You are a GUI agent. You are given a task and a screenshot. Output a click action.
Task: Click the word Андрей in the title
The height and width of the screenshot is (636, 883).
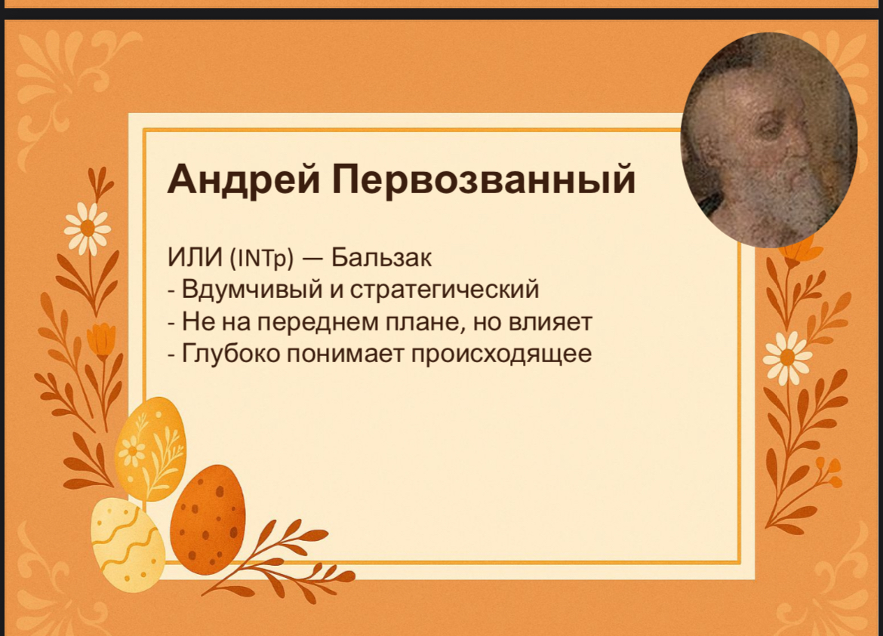point(244,180)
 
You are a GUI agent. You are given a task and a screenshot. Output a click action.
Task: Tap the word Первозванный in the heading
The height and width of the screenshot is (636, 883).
point(484,180)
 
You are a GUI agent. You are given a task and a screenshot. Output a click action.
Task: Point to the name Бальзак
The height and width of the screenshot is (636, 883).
point(381,258)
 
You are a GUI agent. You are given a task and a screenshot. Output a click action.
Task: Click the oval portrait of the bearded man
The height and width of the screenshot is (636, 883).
point(769,140)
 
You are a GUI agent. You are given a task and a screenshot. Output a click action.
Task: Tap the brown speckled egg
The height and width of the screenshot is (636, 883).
point(208,520)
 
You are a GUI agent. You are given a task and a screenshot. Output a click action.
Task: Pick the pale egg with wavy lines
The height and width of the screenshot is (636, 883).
point(128,544)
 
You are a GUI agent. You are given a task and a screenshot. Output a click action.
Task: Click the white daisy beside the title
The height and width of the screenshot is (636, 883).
point(88,229)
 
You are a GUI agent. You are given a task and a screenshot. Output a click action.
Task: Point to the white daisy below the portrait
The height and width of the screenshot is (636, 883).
point(786,358)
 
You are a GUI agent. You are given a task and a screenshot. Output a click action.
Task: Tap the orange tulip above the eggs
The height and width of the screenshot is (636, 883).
point(101,341)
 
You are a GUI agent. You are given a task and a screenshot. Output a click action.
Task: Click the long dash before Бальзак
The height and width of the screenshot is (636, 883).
point(312,259)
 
